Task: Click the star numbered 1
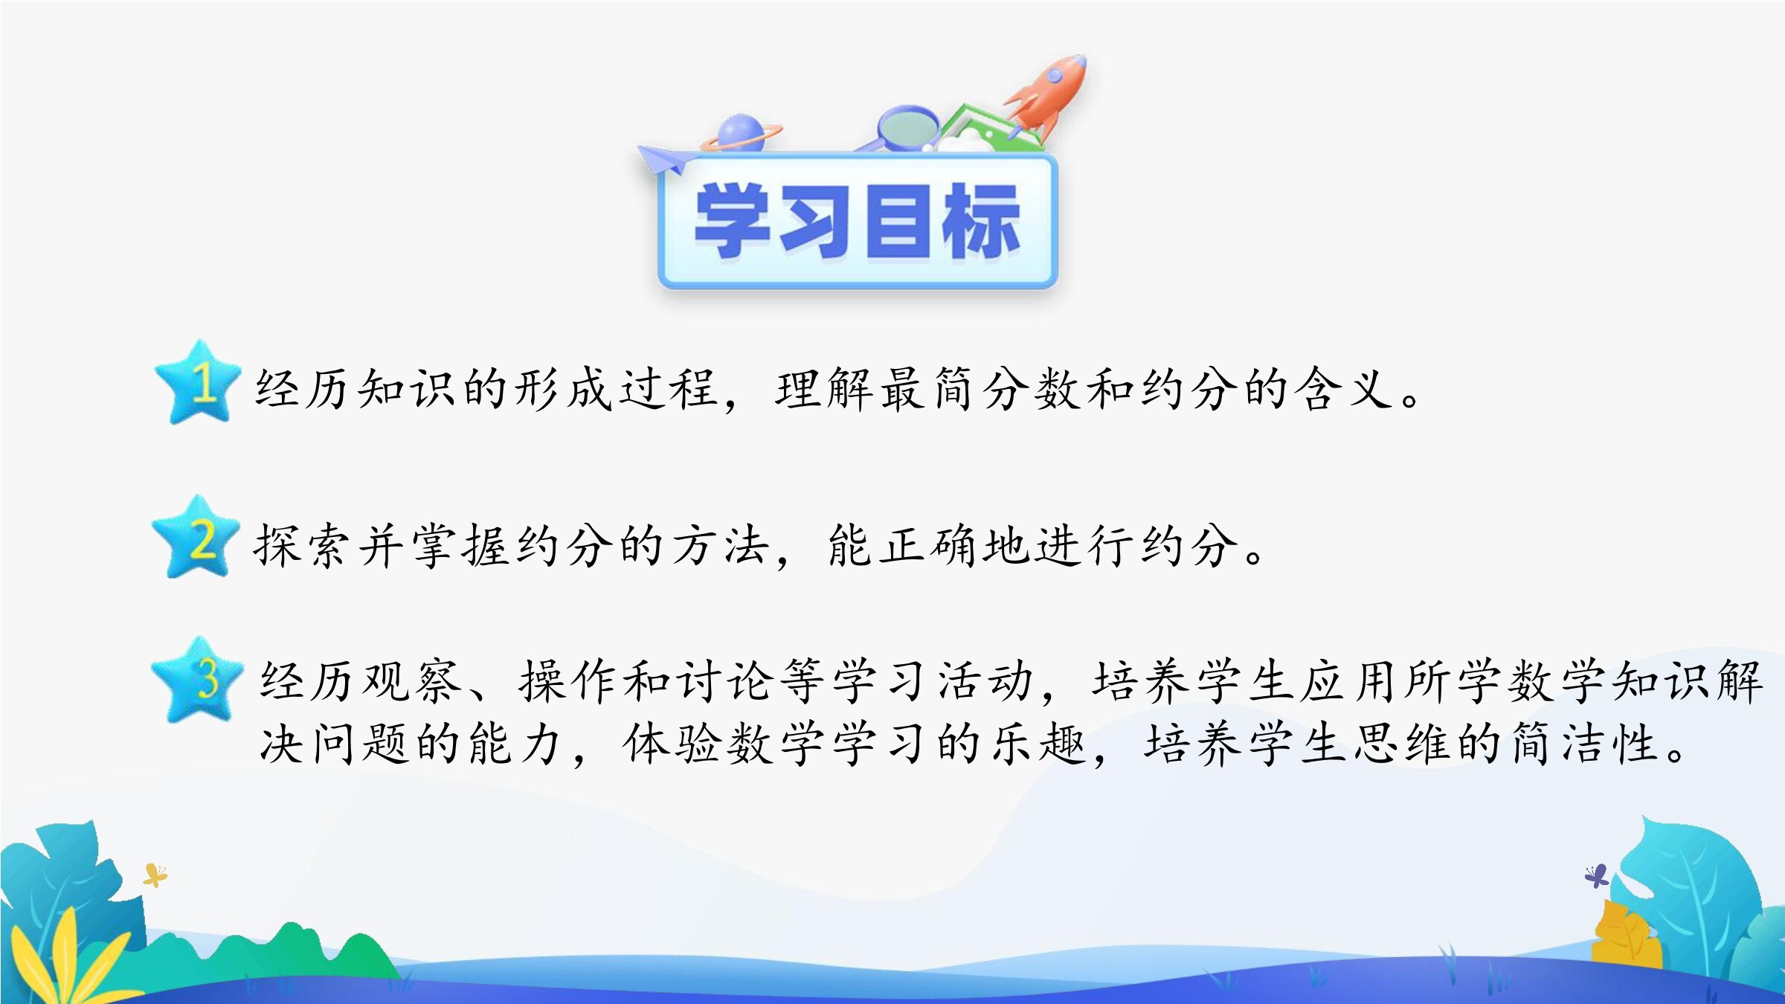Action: (x=197, y=383)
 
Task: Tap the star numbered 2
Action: (x=196, y=538)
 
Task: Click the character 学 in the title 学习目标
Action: (x=733, y=221)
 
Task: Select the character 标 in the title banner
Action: (x=981, y=221)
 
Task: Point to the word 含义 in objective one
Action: (x=1343, y=388)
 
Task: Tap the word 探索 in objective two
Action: (x=300, y=545)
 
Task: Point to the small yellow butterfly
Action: (x=155, y=875)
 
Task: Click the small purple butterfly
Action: (x=1596, y=875)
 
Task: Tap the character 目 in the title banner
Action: (x=898, y=221)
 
